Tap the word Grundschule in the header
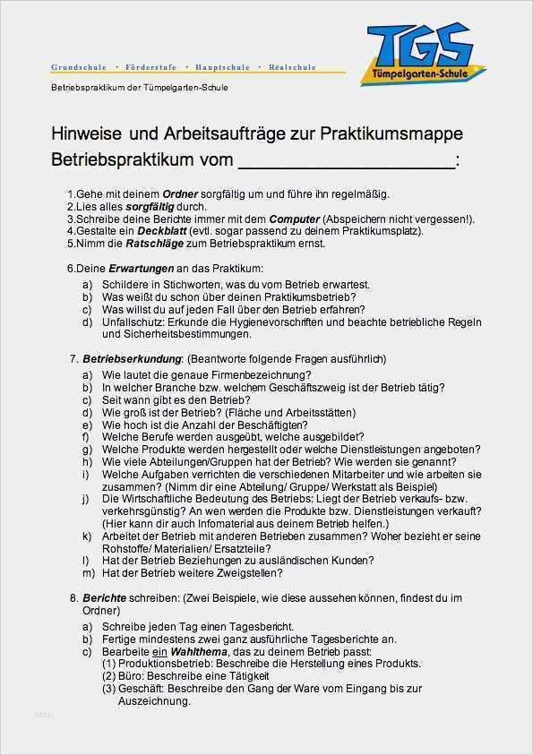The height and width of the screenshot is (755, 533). click(x=79, y=67)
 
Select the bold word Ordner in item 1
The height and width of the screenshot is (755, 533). click(x=180, y=194)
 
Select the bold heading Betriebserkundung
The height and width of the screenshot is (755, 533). click(x=126, y=358)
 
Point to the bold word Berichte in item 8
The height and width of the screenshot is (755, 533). click(x=103, y=596)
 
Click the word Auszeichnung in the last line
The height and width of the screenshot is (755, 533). click(x=153, y=702)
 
